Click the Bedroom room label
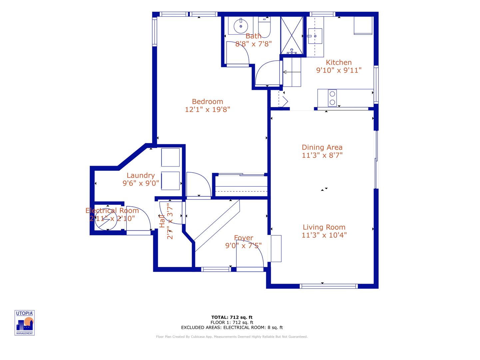(x=207, y=102)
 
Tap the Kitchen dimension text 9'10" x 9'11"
(x=338, y=70)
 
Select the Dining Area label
(x=322, y=147)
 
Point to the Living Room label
(x=324, y=227)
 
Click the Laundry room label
(x=141, y=175)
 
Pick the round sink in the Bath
(x=240, y=26)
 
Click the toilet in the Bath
(x=265, y=28)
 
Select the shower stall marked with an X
(x=291, y=35)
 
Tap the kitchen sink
(x=315, y=36)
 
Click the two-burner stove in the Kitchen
(x=332, y=98)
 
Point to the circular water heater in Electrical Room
(x=106, y=219)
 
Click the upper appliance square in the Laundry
(x=170, y=157)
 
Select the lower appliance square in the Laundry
(x=170, y=181)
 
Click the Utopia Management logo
(x=25, y=323)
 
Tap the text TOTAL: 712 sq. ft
(x=232, y=317)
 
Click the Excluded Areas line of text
(x=232, y=327)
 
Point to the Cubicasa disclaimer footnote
(x=232, y=337)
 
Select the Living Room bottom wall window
(x=329, y=286)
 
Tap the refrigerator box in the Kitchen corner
(x=363, y=25)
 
